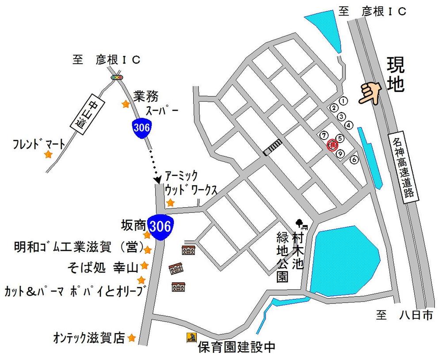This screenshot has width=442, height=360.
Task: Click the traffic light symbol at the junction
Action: click(x=117, y=77)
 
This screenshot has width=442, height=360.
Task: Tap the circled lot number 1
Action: click(x=344, y=101)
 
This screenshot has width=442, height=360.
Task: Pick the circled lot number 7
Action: click(x=325, y=134)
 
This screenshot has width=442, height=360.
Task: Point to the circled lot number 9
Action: click(x=340, y=153)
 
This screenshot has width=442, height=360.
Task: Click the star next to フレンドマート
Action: click(x=48, y=155)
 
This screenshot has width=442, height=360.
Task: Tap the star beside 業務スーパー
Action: click(x=126, y=104)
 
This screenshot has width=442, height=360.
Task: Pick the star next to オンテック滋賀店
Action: click(x=131, y=338)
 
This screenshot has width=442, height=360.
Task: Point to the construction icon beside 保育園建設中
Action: click(x=191, y=338)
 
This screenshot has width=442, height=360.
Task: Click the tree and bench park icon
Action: click(x=302, y=224)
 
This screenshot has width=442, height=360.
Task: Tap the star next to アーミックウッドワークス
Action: click(x=170, y=203)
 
